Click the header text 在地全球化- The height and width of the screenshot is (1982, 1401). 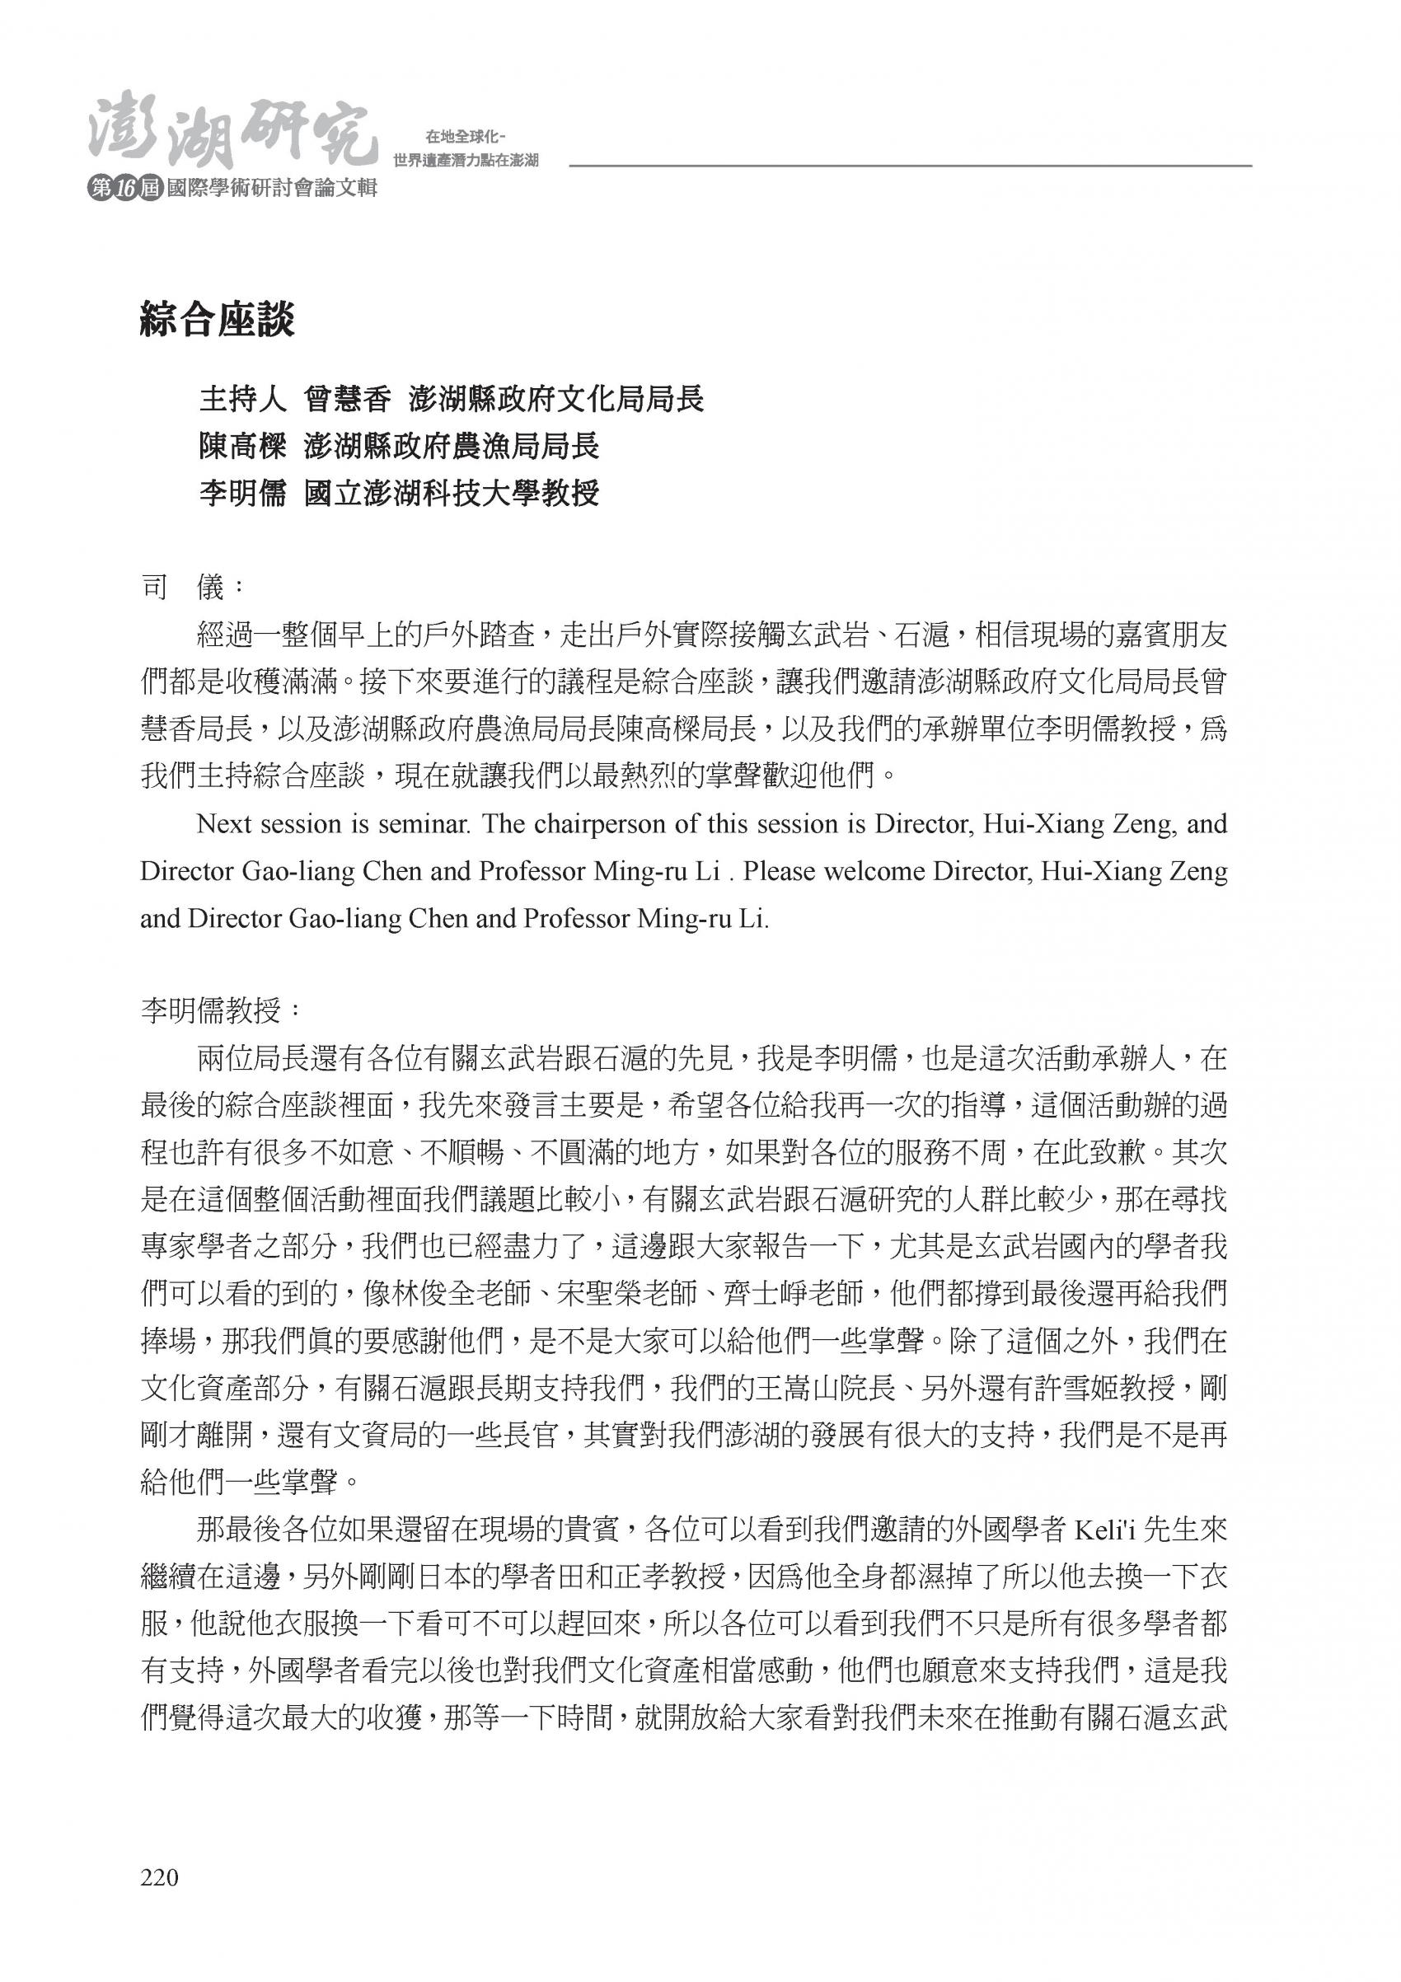[465, 137]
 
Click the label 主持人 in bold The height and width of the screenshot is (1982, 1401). [241, 400]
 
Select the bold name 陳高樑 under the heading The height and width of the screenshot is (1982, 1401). [241, 447]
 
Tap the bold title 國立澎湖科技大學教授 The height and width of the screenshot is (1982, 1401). [452, 494]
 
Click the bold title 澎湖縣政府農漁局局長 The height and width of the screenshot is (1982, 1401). [452, 447]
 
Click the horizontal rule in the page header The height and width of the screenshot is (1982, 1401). [910, 166]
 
